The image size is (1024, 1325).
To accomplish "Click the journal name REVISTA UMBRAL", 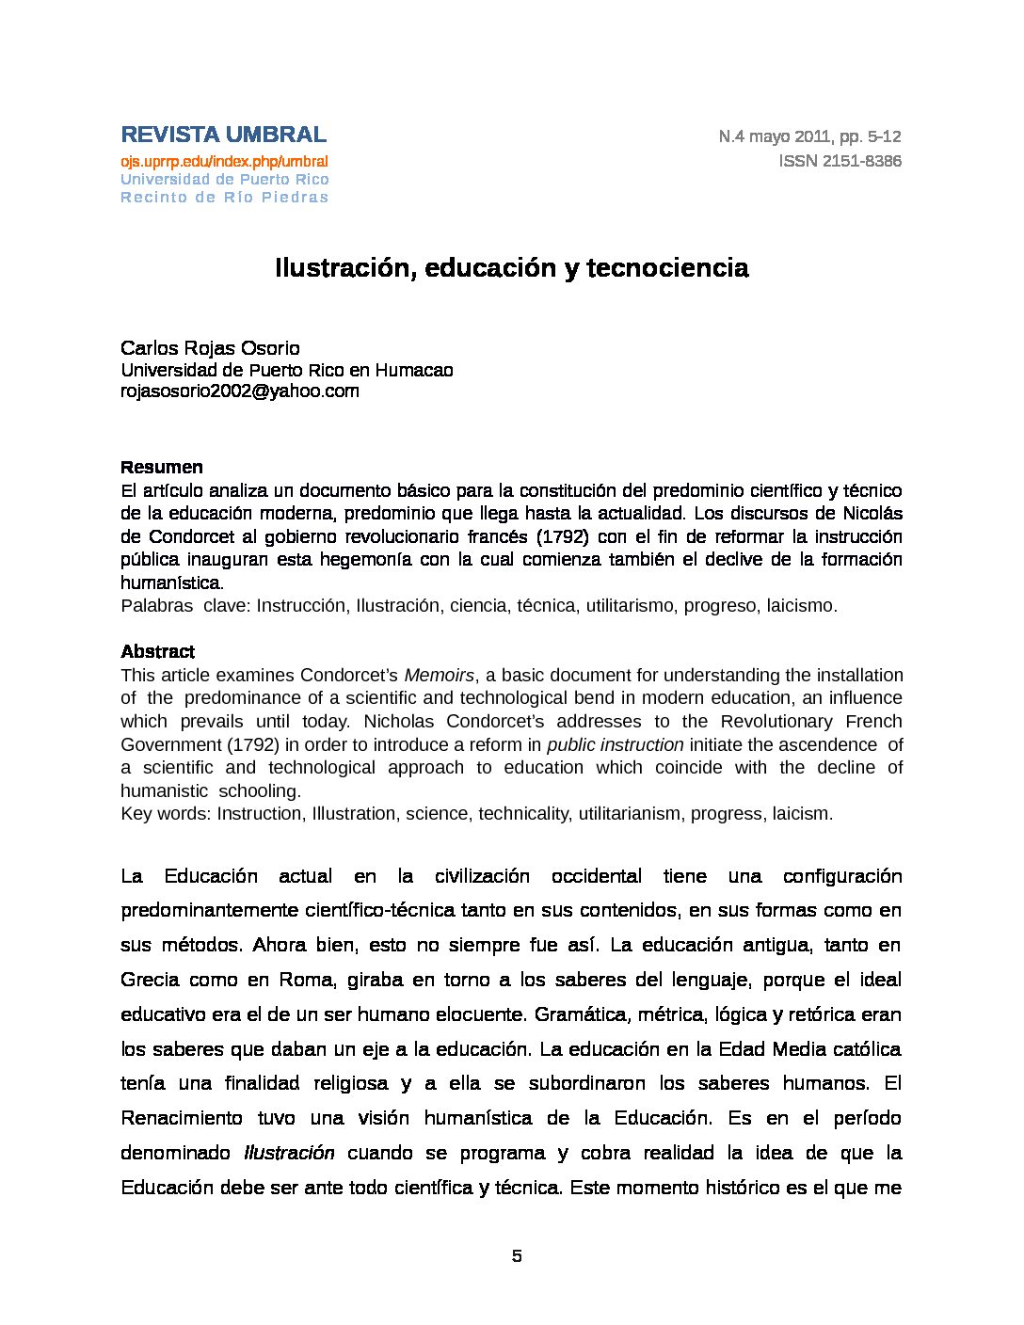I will tap(223, 135).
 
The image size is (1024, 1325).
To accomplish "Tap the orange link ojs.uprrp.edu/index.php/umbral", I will tap(224, 162).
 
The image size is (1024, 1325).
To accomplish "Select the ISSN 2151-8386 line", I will tap(840, 161).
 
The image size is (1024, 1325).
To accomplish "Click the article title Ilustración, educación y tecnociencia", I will tap(511, 268).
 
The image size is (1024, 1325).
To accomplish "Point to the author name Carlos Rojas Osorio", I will tap(210, 348).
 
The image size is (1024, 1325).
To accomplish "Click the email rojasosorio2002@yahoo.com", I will tap(239, 391).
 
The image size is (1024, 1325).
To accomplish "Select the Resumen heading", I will tap(161, 468).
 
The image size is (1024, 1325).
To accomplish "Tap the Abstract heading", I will tap(157, 651).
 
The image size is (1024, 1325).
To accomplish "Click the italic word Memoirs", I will tap(439, 675).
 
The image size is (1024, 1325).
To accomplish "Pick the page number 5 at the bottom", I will tap(516, 1256).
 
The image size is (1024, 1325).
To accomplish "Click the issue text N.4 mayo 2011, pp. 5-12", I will tap(809, 136).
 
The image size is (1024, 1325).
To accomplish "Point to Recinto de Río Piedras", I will tap(224, 198).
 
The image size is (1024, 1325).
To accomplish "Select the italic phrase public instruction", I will tap(615, 744).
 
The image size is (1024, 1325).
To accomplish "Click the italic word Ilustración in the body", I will tap(289, 1153).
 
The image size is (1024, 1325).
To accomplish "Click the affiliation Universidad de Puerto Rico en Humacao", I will tap(286, 371).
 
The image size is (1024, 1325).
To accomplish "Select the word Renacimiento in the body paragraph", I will tap(181, 1118).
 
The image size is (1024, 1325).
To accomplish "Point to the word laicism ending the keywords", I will tap(800, 814).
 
